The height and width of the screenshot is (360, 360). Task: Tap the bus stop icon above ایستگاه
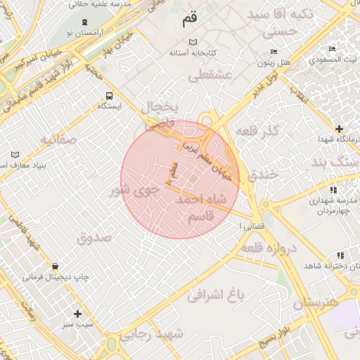click(109, 96)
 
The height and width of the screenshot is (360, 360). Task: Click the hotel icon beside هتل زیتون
click(274, 52)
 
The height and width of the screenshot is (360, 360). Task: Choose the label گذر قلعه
click(258, 131)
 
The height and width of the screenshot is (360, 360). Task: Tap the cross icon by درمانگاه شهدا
click(340, 129)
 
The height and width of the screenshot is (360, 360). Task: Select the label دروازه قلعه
click(270, 247)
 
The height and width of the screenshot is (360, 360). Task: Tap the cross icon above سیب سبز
click(77, 314)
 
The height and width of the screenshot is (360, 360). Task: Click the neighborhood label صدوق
click(94, 237)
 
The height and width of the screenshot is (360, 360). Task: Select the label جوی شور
click(131, 190)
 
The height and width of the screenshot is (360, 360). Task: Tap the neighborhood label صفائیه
click(58, 139)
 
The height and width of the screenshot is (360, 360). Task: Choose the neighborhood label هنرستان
click(316, 302)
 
